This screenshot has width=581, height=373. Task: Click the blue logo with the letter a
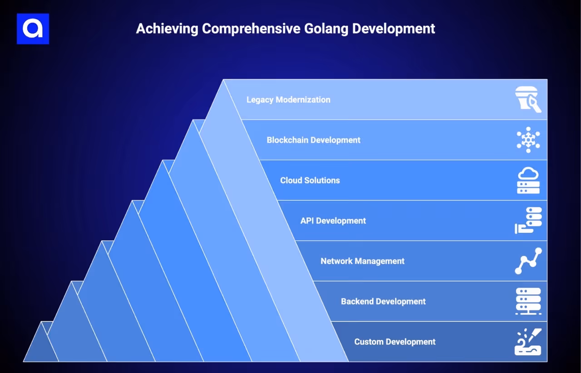[33, 29]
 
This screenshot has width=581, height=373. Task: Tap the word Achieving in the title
[167, 29]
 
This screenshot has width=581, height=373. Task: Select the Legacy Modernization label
[288, 100]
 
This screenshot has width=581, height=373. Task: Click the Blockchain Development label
[313, 140]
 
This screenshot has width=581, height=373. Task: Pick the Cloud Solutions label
[310, 181]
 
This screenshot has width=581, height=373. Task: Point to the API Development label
[333, 221]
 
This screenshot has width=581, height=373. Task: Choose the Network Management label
[362, 261]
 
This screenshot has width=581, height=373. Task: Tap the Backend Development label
[383, 302]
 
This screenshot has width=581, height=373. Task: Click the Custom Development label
[394, 342]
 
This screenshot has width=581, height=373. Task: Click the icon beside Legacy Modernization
[528, 100]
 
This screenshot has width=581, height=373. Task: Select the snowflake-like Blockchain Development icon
[528, 140]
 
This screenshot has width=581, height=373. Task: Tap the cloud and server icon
[528, 180]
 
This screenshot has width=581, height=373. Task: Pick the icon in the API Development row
[528, 221]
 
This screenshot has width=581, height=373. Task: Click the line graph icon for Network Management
[528, 261]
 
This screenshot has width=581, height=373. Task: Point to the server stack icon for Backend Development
[528, 301]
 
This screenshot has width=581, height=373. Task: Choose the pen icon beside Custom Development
[528, 342]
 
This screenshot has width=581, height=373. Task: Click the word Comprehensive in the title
[251, 29]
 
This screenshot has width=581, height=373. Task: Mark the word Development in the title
[394, 29]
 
